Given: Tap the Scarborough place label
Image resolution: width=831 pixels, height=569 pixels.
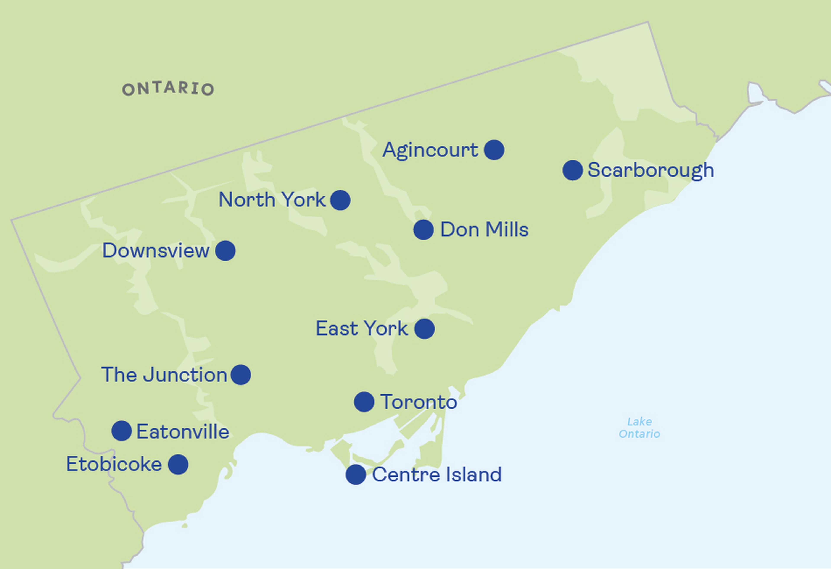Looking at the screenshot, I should click(x=651, y=170).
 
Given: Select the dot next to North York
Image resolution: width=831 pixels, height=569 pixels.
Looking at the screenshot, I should click(x=340, y=200).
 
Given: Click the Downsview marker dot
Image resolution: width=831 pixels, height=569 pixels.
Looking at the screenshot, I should click(x=225, y=251).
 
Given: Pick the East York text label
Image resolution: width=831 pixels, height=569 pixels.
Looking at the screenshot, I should click(x=361, y=329).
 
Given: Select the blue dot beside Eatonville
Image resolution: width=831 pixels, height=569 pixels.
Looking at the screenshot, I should click(x=122, y=431).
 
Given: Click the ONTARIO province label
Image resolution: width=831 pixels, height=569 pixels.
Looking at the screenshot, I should click(x=168, y=89).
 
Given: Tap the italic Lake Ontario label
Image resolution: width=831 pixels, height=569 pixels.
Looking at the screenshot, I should click(x=639, y=428).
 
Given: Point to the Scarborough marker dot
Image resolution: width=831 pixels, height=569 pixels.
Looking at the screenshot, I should click(x=572, y=170).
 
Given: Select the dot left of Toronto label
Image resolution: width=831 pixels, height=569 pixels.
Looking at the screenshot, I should click(x=364, y=402).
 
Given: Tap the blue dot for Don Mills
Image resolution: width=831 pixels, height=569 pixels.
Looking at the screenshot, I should click(x=423, y=230).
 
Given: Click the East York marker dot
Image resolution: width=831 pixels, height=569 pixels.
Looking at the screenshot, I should click(x=424, y=329).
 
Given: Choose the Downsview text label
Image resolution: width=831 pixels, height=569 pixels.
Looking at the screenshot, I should click(x=156, y=251).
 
